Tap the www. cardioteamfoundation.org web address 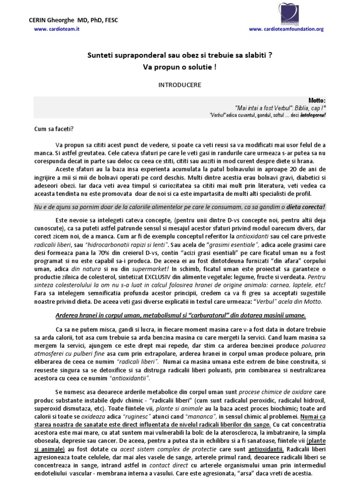286,29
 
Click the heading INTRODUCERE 180,85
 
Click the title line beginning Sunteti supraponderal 180,55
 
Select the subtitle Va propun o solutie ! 180,67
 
